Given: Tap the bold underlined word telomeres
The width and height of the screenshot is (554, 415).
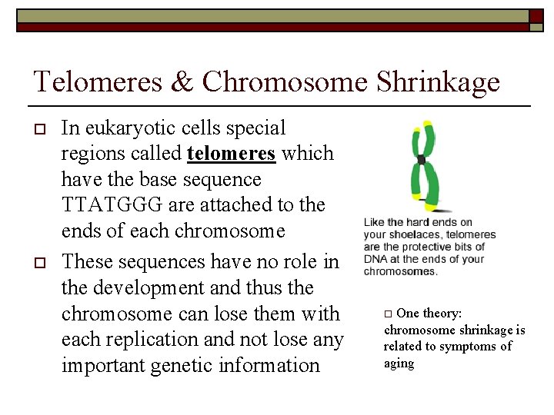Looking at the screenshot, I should coord(231,154).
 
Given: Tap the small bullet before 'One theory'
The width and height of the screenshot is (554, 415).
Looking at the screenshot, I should coord(389,314).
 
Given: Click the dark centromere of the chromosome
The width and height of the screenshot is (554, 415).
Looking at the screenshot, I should coord(421,160).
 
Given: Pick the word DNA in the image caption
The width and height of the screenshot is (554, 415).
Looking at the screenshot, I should coord(377,259).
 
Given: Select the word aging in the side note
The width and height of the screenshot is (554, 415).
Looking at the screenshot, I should coord(399,364).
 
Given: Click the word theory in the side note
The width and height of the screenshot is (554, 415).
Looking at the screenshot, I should coord(442,314).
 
